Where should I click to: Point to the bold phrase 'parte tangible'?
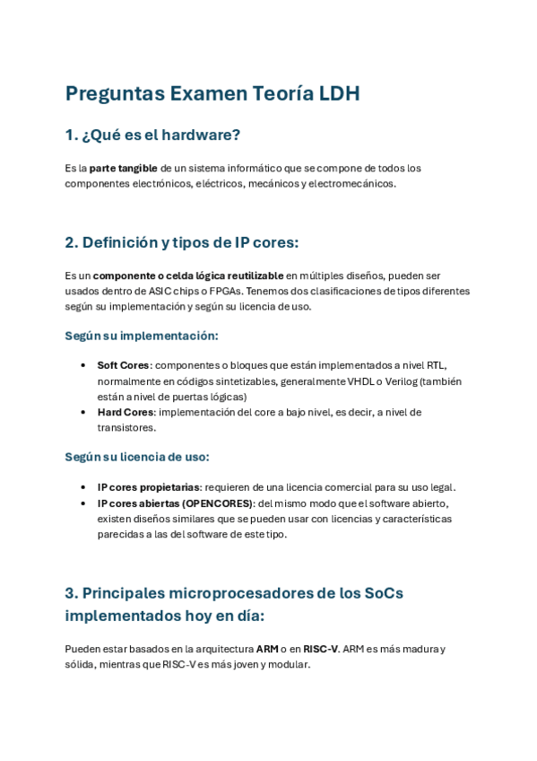[x=124, y=168]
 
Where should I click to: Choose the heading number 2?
[x=71, y=243]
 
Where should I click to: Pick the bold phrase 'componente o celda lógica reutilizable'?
[x=188, y=276]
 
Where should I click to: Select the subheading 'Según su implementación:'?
[x=142, y=336]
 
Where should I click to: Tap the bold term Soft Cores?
[x=123, y=365]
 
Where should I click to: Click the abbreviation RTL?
[x=435, y=365]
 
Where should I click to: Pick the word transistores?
[x=126, y=427]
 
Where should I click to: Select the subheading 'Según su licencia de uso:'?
[x=137, y=457]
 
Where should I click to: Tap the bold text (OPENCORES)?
[x=218, y=503]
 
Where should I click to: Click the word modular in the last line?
[x=290, y=665]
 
